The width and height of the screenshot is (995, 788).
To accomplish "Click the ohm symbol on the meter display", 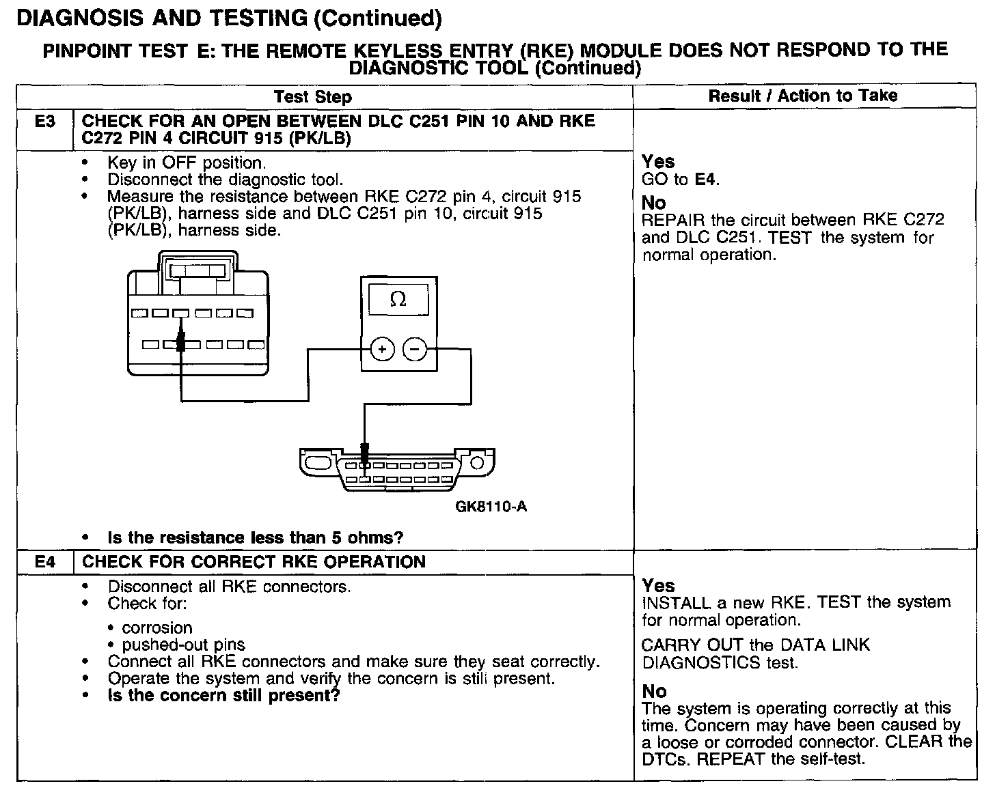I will [x=398, y=299].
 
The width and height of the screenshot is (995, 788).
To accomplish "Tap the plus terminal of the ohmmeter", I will [x=382, y=350].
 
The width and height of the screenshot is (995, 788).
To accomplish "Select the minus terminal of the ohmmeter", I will [x=415, y=350].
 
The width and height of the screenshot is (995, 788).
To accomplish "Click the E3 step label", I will [x=44, y=122].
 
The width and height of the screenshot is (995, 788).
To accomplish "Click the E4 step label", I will [x=44, y=562].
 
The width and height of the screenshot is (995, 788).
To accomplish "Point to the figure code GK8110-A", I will [x=491, y=507].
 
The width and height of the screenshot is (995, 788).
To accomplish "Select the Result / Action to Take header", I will [x=803, y=96].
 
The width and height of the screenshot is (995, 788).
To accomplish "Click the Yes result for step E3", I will [x=658, y=162].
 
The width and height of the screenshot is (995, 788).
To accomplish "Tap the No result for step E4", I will [x=654, y=691].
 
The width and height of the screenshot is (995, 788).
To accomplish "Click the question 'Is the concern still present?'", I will [x=224, y=696].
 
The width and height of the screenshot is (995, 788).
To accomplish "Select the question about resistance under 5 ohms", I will [x=256, y=537].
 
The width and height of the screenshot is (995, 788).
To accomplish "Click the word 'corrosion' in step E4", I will [x=156, y=628].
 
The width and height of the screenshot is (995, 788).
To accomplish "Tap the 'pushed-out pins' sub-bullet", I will [x=183, y=645].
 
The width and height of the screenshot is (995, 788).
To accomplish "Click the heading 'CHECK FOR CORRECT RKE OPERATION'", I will [x=254, y=562].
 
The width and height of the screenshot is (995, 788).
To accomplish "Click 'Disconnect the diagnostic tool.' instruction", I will [x=225, y=180].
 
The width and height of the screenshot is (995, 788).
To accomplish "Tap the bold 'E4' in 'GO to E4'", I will [x=706, y=180].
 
